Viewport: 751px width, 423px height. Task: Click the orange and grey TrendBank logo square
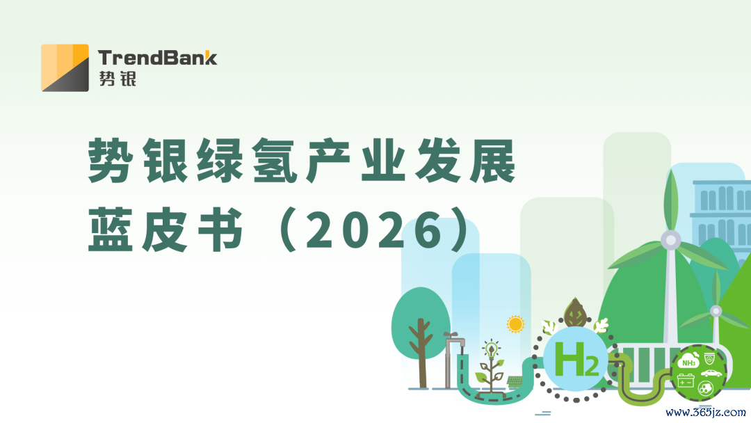pyautogui.click(x=65, y=67)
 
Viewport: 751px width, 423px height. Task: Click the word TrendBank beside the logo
pyautogui.click(x=158, y=58)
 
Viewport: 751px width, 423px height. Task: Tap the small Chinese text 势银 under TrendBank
pyautogui.click(x=118, y=79)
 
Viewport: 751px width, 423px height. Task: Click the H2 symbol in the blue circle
pyautogui.click(x=576, y=359)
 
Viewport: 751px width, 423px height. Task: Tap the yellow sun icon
pyautogui.click(x=515, y=324)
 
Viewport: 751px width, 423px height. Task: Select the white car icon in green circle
pyautogui.click(x=712, y=373)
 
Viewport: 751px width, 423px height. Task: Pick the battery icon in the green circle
pyautogui.click(x=686, y=381)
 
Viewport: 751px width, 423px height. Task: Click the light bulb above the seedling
pyautogui.click(x=490, y=349)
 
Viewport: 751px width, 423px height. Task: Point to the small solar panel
pyautogui.click(x=515, y=382)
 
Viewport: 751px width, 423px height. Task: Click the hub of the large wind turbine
pyautogui.click(x=670, y=239)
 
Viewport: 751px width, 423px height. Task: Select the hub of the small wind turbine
pyautogui.click(x=716, y=312)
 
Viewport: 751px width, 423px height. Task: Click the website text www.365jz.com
pyautogui.click(x=706, y=413)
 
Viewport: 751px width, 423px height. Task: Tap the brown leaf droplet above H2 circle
pyautogui.click(x=576, y=313)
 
